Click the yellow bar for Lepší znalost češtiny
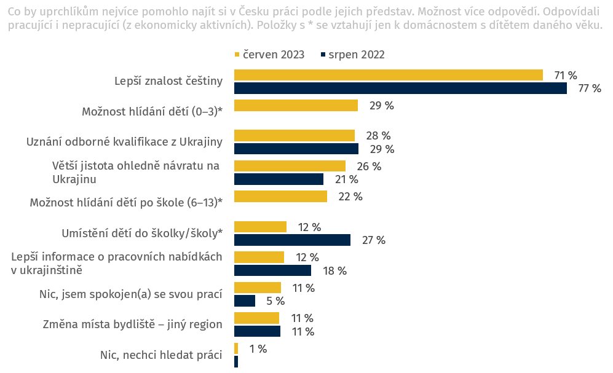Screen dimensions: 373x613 (388, 75)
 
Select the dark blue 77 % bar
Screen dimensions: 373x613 (400, 88)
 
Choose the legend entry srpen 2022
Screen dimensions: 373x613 (356, 55)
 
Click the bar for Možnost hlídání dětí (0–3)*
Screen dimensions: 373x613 (296, 106)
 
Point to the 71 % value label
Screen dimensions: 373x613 (565, 76)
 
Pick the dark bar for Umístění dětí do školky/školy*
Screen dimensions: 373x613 (292, 240)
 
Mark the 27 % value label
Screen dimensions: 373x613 (373, 240)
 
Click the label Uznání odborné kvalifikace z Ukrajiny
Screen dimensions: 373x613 (124, 142)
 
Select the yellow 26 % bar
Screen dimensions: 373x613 (290, 166)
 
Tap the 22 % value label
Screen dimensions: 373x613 (350, 197)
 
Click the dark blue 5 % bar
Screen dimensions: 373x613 (245, 300)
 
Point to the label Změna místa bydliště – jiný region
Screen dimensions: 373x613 (132, 324)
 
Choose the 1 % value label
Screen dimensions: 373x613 (258, 349)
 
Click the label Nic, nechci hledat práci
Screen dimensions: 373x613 (160, 355)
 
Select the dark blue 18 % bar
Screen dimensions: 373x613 (272, 270)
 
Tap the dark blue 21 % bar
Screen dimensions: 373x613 (279, 179)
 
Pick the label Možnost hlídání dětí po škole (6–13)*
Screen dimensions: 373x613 (126, 203)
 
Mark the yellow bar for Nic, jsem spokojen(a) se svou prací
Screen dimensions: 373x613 (258, 288)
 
